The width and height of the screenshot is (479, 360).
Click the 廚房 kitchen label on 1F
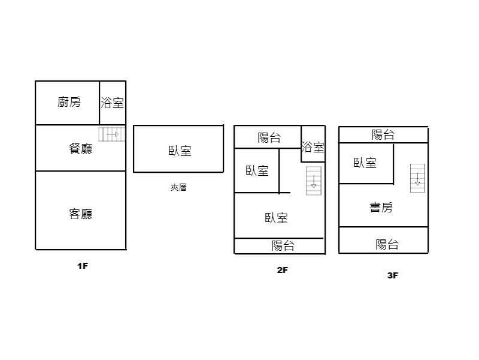pyautogui.click(x=69, y=103)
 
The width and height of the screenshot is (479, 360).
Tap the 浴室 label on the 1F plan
pyautogui.click(x=113, y=103)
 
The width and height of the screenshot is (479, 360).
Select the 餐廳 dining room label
pyautogui.click(x=81, y=148)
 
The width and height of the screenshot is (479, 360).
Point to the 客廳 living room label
pyautogui.click(x=81, y=214)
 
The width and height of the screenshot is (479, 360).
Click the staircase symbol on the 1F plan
pyautogui.click(x=111, y=134)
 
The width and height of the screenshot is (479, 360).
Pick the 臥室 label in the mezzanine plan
pyautogui.click(x=180, y=151)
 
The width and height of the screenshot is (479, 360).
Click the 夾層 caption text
pyautogui.click(x=178, y=187)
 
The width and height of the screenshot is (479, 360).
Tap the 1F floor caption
pyautogui.click(x=83, y=266)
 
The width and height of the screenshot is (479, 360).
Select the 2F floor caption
pyautogui.click(x=283, y=270)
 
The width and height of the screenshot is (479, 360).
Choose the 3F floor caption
pyautogui.click(x=393, y=275)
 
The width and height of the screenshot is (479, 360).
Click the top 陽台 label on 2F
pyautogui.click(x=269, y=138)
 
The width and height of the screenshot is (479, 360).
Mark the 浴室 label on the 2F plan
pyautogui.click(x=313, y=147)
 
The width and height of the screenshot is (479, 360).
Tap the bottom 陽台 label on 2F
pyautogui.click(x=283, y=245)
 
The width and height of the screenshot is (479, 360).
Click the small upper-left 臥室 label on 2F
pyautogui.click(x=257, y=171)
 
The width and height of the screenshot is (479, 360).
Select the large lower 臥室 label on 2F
pyautogui.click(x=276, y=218)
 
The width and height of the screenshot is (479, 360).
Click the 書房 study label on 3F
pyautogui.click(x=381, y=208)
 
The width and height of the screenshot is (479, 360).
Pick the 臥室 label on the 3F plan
pyautogui.click(x=365, y=163)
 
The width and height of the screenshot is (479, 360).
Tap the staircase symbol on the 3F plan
pyautogui.click(x=417, y=178)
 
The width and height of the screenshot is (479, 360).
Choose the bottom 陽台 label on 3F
pyautogui.click(x=387, y=244)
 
